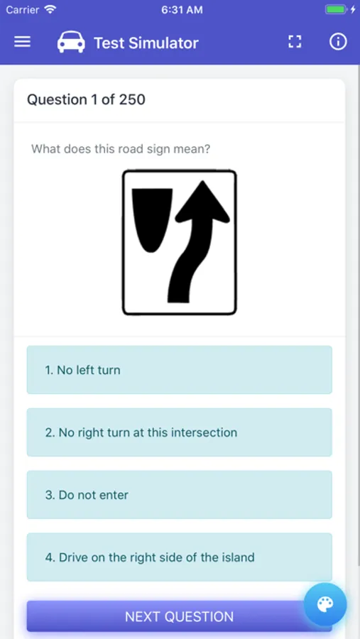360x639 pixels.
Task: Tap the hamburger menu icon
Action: [x=23, y=42]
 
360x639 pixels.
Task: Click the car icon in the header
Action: [x=71, y=43]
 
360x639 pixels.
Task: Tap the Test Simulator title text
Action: [x=146, y=43]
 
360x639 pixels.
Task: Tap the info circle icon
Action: [x=338, y=42]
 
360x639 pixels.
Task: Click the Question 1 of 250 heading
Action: [x=86, y=99]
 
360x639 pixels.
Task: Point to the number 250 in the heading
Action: [x=131, y=99]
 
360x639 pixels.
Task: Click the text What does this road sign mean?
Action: [x=121, y=149]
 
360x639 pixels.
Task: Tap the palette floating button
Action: [x=325, y=604]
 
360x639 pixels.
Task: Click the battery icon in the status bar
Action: [x=335, y=10]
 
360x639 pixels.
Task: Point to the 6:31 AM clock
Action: [x=182, y=10]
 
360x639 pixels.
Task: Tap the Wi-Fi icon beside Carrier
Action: [x=50, y=10]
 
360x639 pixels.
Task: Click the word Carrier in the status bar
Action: [x=23, y=10]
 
